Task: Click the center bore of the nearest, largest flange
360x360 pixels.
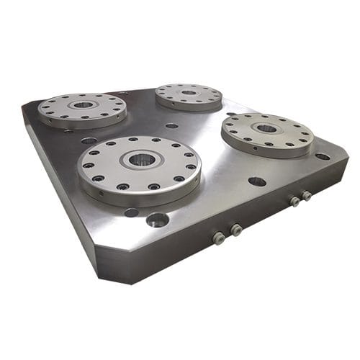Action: (x=141, y=159)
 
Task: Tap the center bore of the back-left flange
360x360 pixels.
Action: (x=84, y=105)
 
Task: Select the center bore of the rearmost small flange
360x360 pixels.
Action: (x=189, y=92)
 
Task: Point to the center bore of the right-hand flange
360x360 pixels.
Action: (x=267, y=128)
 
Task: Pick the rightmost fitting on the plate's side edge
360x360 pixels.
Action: (x=307, y=196)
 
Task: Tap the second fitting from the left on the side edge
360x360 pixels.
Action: (x=235, y=230)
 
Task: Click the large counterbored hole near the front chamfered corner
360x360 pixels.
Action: (x=157, y=220)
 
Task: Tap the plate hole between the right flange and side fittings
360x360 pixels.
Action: (x=257, y=181)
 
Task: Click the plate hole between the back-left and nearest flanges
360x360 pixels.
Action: (x=89, y=141)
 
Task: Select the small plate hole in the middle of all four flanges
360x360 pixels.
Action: (x=171, y=126)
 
